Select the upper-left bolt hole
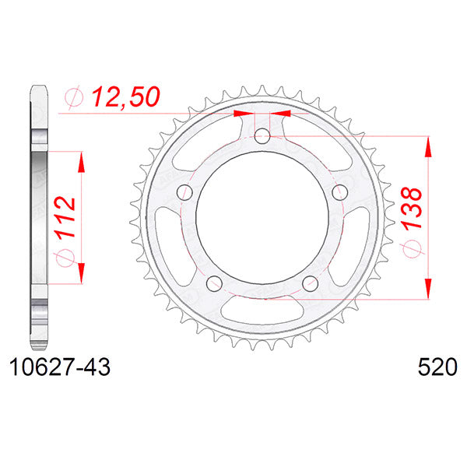(x=185, y=192)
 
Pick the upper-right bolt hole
(x=337, y=192)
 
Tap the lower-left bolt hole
(x=214, y=282)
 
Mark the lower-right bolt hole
(x=308, y=282)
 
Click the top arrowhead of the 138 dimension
(x=427, y=145)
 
